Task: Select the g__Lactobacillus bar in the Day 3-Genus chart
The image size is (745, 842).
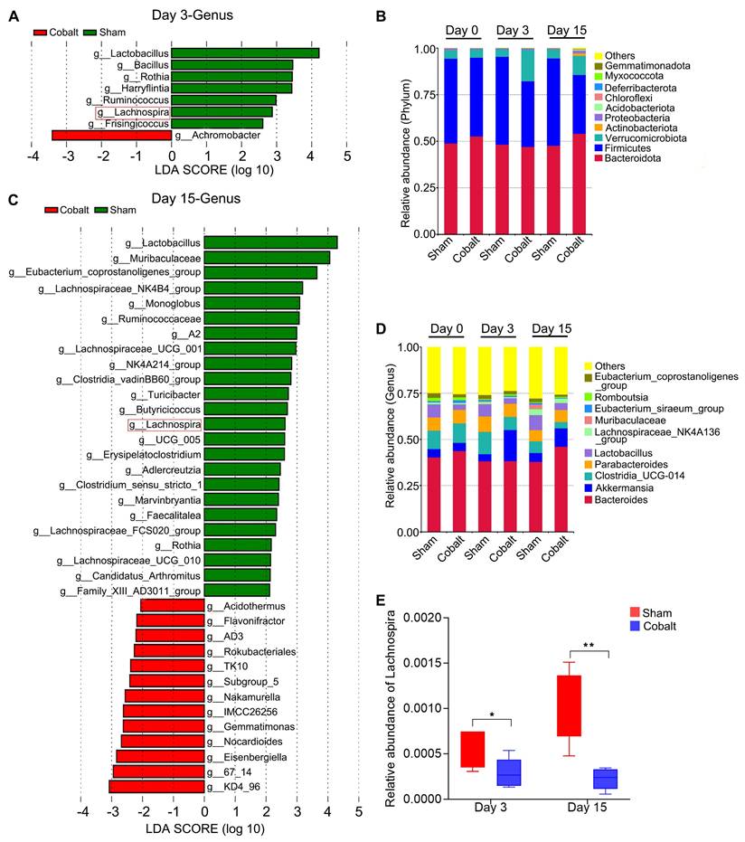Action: tap(245, 53)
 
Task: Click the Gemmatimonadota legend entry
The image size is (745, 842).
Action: tap(646, 67)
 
